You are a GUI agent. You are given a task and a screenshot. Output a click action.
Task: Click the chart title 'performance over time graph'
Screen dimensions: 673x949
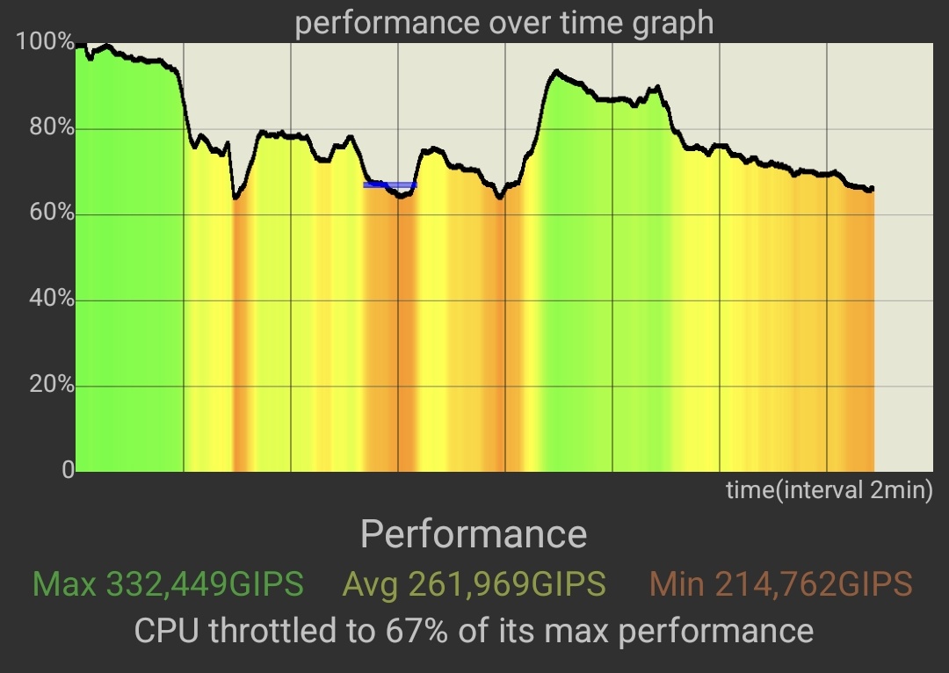pyautogui.click(x=503, y=22)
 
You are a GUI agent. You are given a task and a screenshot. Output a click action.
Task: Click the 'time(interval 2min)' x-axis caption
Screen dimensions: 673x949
pyautogui.click(x=829, y=489)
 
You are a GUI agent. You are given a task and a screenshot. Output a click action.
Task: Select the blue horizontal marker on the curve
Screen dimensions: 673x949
pyautogui.click(x=389, y=185)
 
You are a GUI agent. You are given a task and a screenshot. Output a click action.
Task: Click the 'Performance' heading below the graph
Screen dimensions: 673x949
pyautogui.click(x=474, y=534)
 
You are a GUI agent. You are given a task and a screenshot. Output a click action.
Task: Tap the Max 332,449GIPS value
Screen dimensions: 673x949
pyautogui.click(x=168, y=583)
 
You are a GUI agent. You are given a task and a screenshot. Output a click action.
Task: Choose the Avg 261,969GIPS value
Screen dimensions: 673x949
pyautogui.click(x=474, y=583)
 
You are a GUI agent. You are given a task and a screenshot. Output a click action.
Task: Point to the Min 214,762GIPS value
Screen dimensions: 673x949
pyautogui.click(x=780, y=583)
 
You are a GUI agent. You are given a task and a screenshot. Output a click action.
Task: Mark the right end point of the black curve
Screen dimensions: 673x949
pyautogui.click(x=871, y=189)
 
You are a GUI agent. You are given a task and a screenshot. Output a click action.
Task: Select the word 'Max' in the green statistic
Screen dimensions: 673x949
pyautogui.click(x=64, y=583)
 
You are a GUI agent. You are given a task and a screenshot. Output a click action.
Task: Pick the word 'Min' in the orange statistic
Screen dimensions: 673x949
pyautogui.click(x=677, y=583)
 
